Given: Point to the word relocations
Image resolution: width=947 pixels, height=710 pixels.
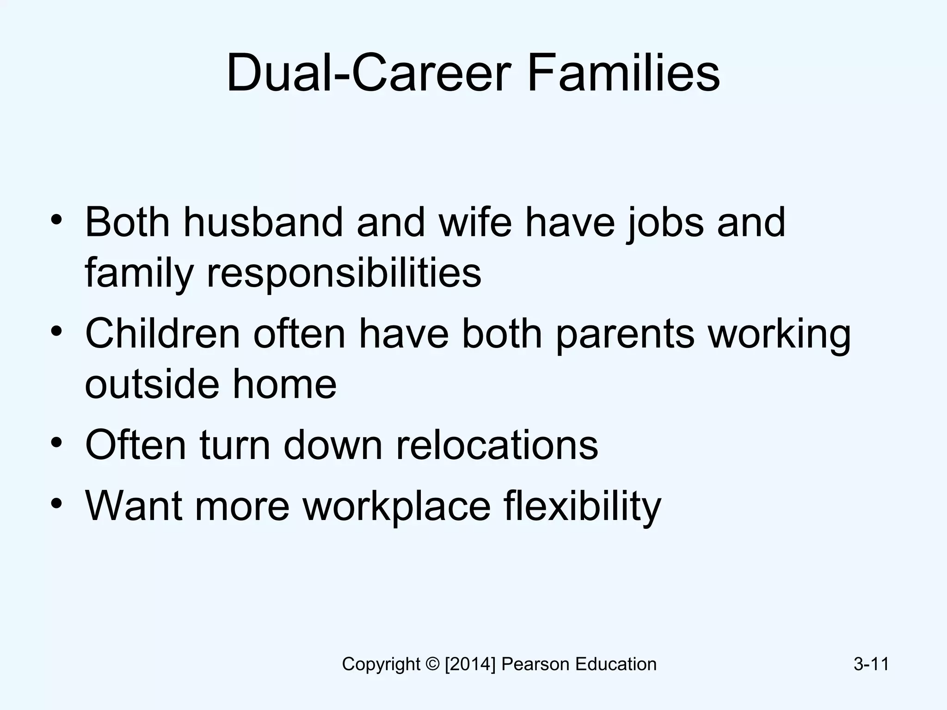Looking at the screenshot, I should [497, 445].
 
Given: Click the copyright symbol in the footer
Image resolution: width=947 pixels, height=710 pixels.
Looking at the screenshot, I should [432, 664].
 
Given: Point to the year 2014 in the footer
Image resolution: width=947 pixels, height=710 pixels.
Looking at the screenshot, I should [470, 664].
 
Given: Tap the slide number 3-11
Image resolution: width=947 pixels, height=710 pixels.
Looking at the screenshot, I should [871, 664].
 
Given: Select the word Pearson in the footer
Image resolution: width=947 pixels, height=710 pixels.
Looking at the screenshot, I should [535, 664].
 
